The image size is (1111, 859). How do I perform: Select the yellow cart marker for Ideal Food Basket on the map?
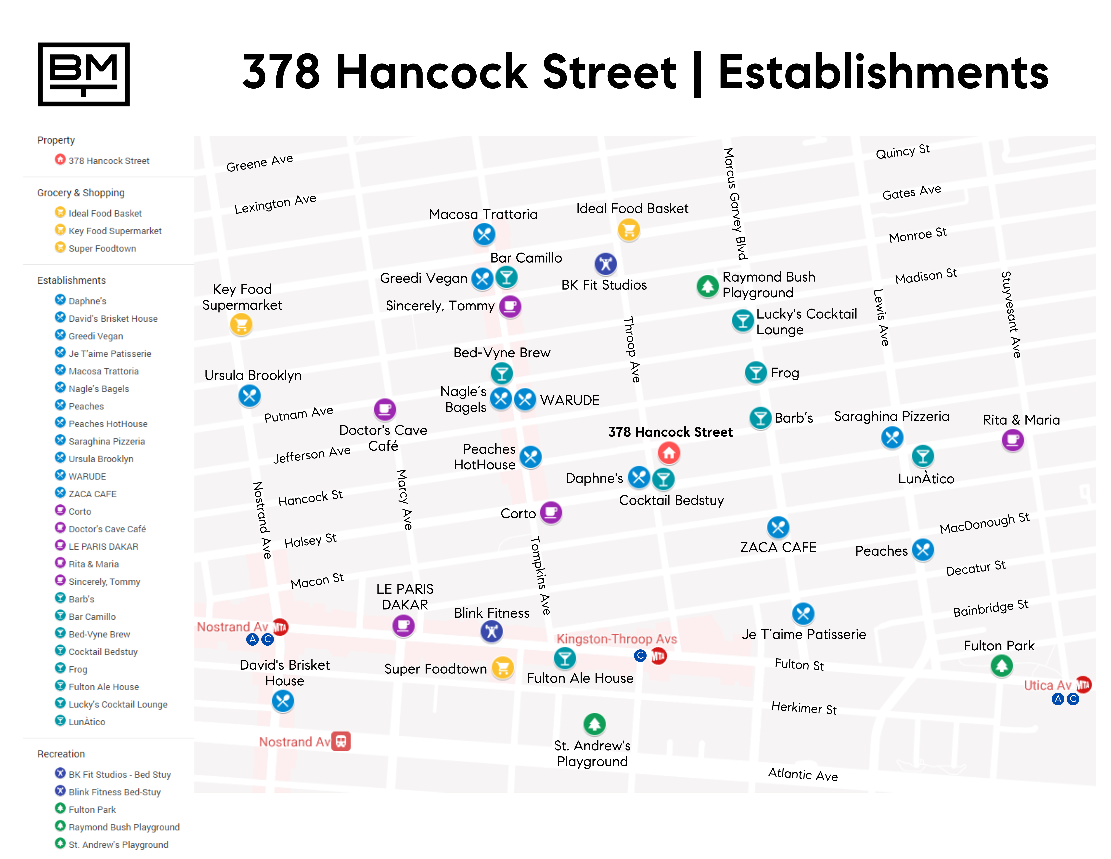point(629,230)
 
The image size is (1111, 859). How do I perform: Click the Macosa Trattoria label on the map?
point(483,214)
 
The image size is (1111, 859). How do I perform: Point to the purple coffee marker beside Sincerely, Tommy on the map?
point(510,306)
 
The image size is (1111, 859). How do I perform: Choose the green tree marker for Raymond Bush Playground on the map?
point(707,286)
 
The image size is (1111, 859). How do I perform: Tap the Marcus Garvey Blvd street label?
point(735,204)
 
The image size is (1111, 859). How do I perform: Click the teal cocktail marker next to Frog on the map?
point(756,373)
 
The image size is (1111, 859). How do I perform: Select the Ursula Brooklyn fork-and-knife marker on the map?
point(249,395)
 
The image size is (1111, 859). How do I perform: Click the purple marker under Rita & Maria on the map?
point(1012,440)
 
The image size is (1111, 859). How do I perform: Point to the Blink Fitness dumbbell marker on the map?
point(491,632)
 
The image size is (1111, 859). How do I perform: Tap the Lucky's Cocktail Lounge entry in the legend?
point(117,704)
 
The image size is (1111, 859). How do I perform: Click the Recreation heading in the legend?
point(61,754)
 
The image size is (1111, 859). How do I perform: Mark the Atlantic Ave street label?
point(803,775)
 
